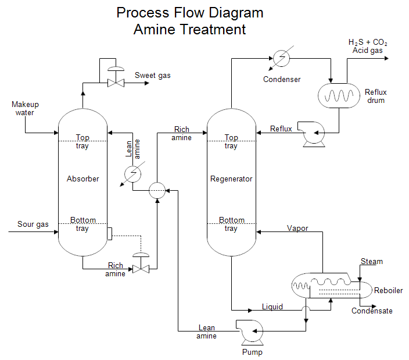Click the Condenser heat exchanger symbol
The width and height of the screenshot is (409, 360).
tap(281, 58)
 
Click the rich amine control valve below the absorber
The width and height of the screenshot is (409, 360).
tap(141, 268)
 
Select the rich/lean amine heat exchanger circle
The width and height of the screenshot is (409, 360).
tap(157, 190)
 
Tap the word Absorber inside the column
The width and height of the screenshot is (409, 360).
tap(83, 179)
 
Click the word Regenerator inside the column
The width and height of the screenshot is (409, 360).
tap(231, 179)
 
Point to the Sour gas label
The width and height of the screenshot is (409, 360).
tap(33, 224)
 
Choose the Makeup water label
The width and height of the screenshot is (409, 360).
tap(25, 108)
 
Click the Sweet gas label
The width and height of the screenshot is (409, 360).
tap(153, 75)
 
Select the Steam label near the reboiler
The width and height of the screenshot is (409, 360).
tap(372, 261)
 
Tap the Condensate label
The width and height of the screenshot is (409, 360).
tap(372, 311)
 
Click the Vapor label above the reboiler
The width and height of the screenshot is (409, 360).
tap(297, 228)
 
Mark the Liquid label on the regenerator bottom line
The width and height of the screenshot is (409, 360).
tap(272, 306)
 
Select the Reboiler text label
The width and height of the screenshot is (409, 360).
tap(388, 290)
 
